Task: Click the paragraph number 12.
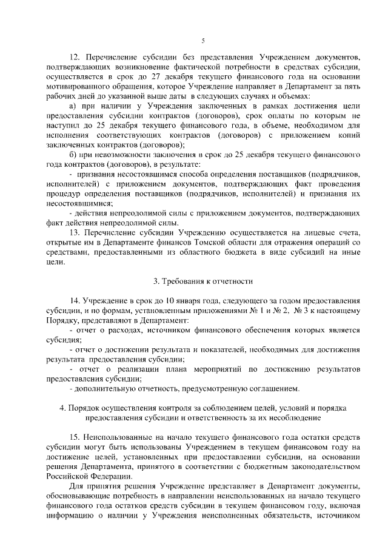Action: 75,56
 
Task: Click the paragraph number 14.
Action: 75,301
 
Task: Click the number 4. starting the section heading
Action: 64,408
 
